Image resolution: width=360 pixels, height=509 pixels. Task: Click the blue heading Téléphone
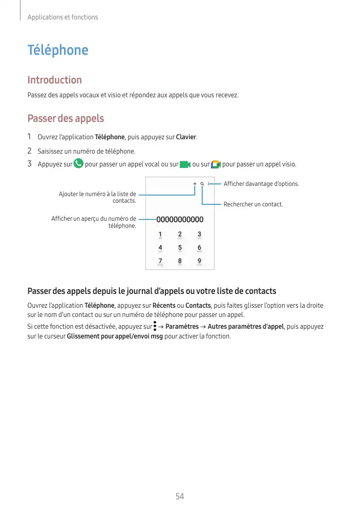[x=57, y=50]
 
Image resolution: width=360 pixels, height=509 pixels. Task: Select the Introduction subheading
[x=54, y=80]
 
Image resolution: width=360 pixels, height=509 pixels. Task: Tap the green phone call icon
[x=79, y=164]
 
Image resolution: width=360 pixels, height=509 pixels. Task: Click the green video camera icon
[x=185, y=164]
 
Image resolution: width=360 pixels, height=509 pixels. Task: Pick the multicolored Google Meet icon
[x=216, y=164]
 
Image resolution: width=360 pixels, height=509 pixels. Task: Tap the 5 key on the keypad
[x=180, y=248]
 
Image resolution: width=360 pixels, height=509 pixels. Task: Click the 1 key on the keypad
[x=160, y=235]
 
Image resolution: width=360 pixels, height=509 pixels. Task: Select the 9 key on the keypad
[x=199, y=261]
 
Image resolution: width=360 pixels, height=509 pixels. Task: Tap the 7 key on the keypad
[x=160, y=261]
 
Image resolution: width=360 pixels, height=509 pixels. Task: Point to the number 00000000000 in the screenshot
[x=180, y=220]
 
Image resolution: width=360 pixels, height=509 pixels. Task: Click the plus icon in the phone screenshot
[x=195, y=184]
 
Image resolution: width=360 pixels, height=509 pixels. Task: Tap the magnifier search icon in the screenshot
[x=202, y=184]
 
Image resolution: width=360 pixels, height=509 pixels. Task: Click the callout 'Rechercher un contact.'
[x=253, y=204]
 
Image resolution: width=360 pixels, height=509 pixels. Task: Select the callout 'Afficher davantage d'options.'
[x=261, y=184]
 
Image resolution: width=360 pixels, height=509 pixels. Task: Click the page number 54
[x=180, y=496]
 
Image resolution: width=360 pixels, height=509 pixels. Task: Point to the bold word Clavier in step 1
[x=186, y=137]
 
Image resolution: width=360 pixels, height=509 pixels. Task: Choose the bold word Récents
[x=164, y=306]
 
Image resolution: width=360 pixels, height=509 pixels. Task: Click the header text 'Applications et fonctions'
[x=62, y=17]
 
